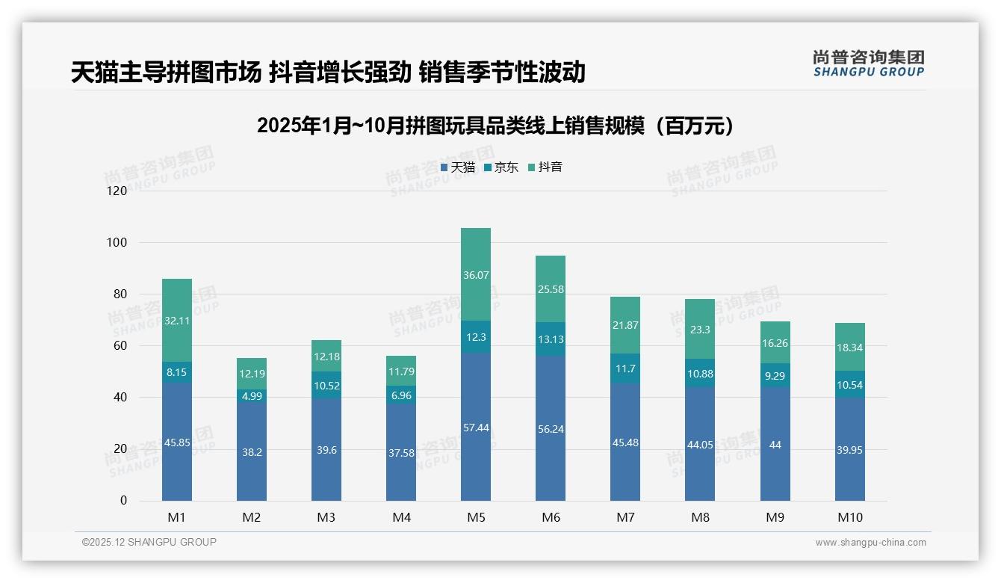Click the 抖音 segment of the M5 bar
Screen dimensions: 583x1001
[x=476, y=274]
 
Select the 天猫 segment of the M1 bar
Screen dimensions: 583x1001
[x=177, y=442]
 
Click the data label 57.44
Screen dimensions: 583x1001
[x=476, y=427]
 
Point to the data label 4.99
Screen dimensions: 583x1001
[x=252, y=396]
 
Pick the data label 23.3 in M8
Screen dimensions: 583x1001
[x=700, y=329]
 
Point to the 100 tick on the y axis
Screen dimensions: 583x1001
[x=117, y=243]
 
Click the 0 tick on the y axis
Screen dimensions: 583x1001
[x=123, y=501]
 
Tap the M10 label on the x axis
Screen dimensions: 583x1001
[x=849, y=517]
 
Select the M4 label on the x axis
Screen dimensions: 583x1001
[x=401, y=517]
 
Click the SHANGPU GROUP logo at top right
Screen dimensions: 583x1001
[x=868, y=64]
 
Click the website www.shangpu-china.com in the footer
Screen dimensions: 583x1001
[x=870, y=543]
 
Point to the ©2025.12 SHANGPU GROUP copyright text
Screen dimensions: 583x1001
[x=149, y=542]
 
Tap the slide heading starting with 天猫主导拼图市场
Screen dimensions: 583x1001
[x=328, y=73]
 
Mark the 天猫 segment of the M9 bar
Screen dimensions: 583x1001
[x=775, y=444]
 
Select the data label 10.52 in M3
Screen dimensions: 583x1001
[x=326, y=386]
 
